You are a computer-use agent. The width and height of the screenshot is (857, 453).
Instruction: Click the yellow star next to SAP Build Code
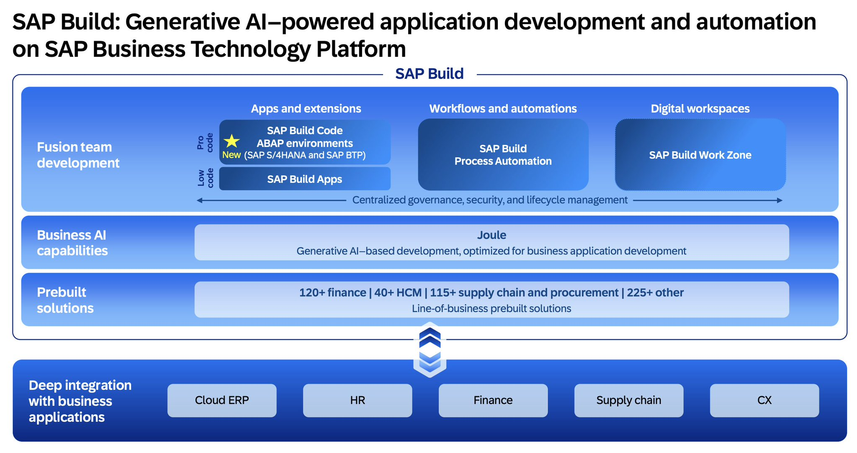232,141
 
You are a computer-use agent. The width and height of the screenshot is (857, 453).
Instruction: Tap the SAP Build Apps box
305,179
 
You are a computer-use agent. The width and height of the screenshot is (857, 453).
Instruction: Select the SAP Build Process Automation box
503,155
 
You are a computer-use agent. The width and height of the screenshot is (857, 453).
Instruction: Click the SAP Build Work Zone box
700,155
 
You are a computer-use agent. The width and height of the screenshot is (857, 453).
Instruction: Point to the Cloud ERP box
222,400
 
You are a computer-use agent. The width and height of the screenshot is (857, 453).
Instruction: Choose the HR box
358,400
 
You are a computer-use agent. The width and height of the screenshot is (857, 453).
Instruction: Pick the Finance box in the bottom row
493,400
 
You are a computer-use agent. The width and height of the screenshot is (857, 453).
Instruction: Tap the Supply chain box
629,400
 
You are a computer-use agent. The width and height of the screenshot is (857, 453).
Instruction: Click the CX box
764,400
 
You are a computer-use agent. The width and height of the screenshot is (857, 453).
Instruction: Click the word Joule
492,235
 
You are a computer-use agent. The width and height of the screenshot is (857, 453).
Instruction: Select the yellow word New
232,155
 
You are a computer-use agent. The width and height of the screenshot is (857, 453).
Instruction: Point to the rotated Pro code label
205,143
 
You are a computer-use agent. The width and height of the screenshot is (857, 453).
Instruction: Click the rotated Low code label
205,178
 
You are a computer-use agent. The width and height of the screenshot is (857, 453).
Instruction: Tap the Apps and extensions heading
306,109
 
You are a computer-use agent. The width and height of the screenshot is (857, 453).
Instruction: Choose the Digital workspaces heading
700,109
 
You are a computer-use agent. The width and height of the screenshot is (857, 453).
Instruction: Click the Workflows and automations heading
503,109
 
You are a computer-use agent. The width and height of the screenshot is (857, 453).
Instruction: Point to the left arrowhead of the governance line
199,200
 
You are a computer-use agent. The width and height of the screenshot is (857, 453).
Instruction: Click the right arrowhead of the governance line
780,200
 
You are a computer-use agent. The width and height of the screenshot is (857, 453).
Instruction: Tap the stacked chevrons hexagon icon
430,350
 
